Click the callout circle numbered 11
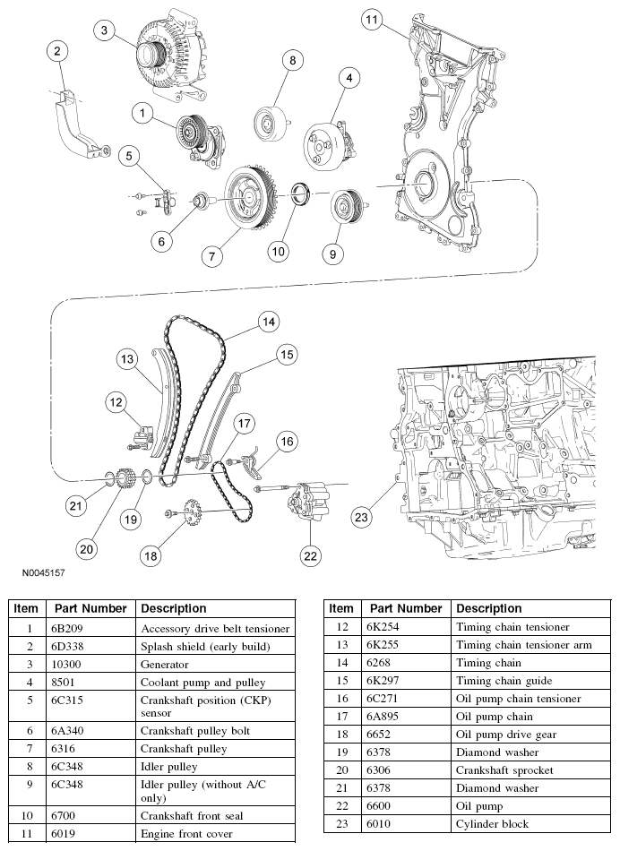pyautogui.click(x=372, y=19)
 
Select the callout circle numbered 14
pyautogui.click(x=267, y=321)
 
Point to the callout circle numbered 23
pyautogui.click(x=361, y=517)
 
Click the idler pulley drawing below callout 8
pyautogui.click(x=269, y=123)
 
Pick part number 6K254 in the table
pyautogui.click(x=382, y=627)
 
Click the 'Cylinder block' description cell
pyautogui.click(x=492, y=824)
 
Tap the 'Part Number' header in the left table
pyautogui.click(x=90, y=608)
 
